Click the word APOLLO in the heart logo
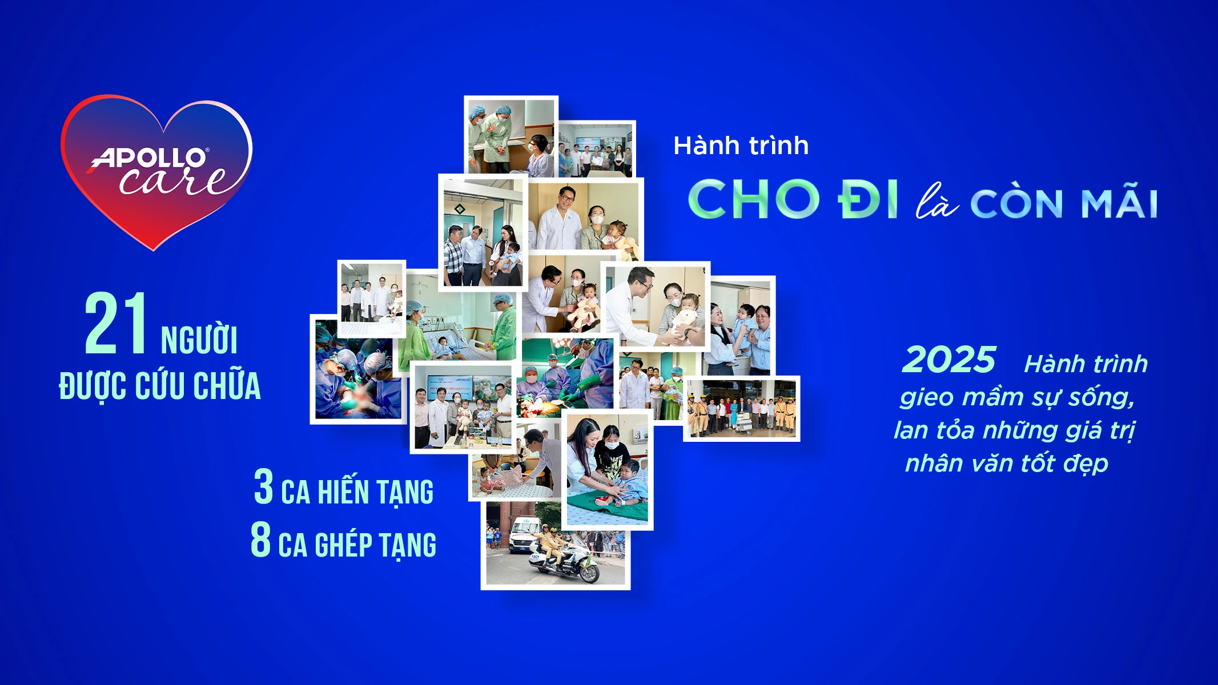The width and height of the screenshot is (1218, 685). (x=150, y=158)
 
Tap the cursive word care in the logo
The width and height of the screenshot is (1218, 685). (x=174, y=181)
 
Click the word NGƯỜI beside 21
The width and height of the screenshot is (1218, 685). (x=199, y=340)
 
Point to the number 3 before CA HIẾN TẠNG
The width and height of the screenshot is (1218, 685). (x=263, y=487)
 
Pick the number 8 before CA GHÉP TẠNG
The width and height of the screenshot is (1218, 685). (x=261, y=539)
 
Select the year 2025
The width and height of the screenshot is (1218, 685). (x=949, y=360)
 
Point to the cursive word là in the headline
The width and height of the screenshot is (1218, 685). (x=936, y=202)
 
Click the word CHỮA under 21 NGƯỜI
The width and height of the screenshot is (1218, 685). (x=227, y=386)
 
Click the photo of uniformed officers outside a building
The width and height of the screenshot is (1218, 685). (x=741, y=409)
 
